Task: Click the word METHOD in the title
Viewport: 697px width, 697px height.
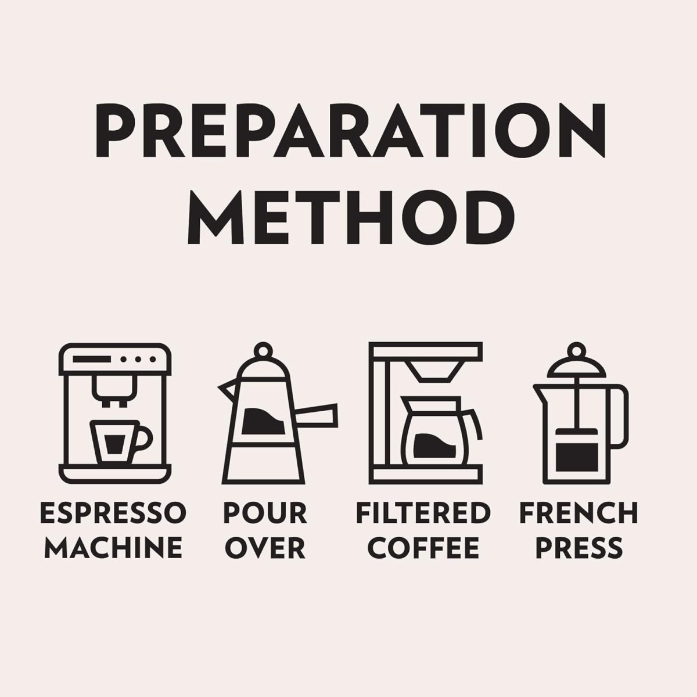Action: [350, 217]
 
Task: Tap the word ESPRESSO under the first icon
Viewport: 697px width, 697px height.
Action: [113, 513]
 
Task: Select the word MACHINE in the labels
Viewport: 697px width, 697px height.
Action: [113, 548]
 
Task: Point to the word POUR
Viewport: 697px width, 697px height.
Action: [265, 513]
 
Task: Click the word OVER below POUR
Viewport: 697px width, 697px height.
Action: [265, 548]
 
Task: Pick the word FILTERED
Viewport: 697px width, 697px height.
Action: [423, 513]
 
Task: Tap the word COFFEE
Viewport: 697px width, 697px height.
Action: [423, 548]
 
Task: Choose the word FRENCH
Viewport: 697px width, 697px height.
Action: [579, 513]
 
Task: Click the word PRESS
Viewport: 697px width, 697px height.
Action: [579, 548]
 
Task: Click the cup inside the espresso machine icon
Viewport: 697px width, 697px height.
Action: [120, 442]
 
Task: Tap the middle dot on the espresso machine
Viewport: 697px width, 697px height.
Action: [138, 359]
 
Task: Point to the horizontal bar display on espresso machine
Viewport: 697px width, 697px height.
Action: [92, 359]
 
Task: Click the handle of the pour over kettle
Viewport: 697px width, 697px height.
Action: [317, 413]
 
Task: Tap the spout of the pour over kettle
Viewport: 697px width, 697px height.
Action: [227, 390]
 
